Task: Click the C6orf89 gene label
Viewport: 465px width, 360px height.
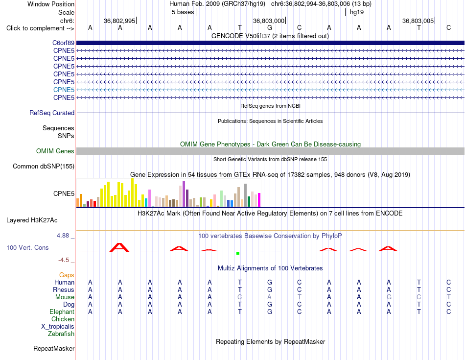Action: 64,43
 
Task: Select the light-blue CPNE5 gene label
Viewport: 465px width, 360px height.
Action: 64,90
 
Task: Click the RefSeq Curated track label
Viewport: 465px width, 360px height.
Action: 52,113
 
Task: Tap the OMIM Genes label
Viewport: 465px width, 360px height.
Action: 55,151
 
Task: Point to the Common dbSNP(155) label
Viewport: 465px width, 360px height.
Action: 44,166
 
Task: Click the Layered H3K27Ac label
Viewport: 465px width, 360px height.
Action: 32,220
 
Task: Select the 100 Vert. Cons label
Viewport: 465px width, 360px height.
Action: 27,247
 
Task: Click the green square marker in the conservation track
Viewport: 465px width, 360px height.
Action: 238,253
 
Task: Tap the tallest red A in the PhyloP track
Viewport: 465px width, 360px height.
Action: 119,247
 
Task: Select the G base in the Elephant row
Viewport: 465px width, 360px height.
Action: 270,312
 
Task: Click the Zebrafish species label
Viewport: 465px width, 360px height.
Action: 61,334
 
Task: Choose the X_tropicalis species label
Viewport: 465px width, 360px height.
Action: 58,327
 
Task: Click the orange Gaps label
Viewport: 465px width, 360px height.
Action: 67,275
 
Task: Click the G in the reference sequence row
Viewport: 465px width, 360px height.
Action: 270,27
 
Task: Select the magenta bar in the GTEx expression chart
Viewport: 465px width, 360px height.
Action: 259,200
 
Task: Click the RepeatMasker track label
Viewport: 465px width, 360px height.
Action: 54,348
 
